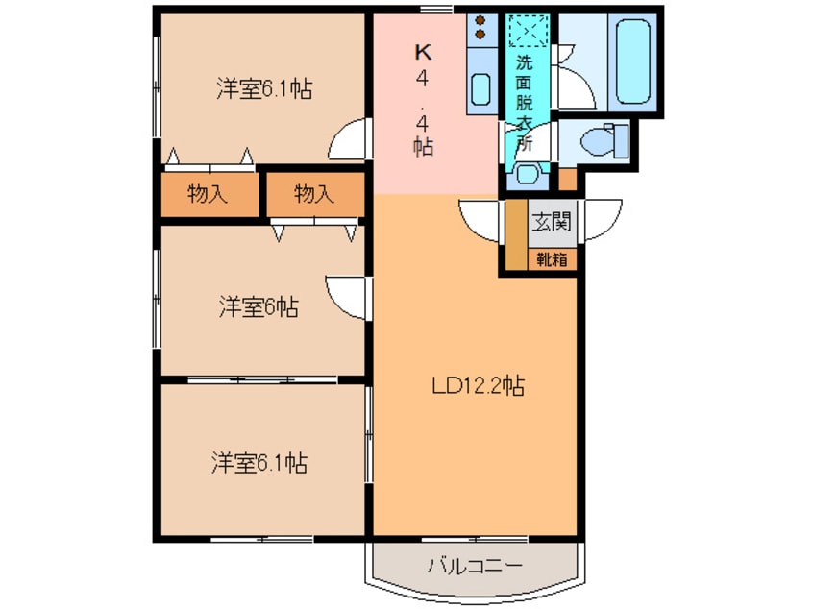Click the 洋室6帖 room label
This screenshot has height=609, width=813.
click(258, 307)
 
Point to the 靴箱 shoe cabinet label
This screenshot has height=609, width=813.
click(552, 257)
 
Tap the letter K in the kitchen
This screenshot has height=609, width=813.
click(423, 52)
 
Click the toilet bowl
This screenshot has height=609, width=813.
click(603, 140)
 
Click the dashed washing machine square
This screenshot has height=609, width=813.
click(528, 31)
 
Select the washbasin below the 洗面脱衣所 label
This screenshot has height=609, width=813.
click(526, 174)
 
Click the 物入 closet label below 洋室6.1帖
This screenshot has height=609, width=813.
click(208, 194)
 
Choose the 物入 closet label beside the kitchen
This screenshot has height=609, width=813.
click(313, 194)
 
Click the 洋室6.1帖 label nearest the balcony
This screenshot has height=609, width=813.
click(259, 463)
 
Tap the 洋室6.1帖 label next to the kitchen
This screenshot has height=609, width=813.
click(263, 89)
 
